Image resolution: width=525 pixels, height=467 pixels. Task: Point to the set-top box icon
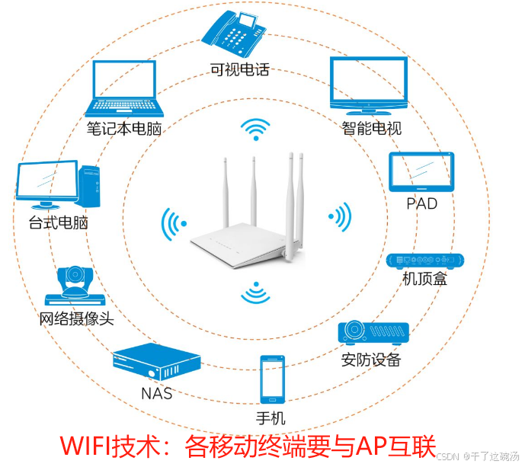(x=424, y=261)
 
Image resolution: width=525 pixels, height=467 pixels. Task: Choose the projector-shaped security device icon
(x=373, y=331)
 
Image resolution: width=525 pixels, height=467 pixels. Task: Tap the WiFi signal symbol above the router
(x=254, y=130)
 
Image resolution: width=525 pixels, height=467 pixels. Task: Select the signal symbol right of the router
(x=339, y=216)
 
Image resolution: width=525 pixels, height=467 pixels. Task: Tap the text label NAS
(x=156, y=394)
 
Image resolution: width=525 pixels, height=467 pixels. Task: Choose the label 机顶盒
(x=424, y=280)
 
